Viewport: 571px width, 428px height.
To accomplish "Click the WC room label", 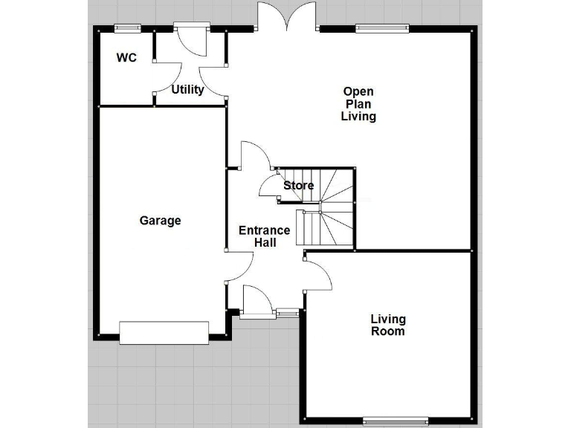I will click(x=126, y=57).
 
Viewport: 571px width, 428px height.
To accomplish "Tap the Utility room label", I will click(x=187, y=90).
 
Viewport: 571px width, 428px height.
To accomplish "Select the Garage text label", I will click(x=160, y=221).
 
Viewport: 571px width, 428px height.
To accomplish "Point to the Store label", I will click(x=298, y=185).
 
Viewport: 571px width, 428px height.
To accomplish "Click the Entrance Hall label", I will click(x=259, y=236).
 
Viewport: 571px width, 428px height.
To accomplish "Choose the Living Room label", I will click(x=388, y=325).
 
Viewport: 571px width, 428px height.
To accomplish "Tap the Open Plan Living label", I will click(x=358, y=104).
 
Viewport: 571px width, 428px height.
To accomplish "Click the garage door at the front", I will click(x=164, y=332).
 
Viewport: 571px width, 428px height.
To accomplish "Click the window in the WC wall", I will click(x=127, y=28).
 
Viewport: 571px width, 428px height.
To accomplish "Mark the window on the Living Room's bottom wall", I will click(x=396, y=421).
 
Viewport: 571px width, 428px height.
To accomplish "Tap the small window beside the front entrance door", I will click(x=286, y=314).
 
